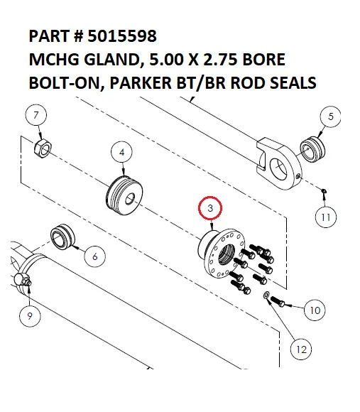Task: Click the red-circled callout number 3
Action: coord(211,209)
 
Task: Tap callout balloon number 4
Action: coord(122,152)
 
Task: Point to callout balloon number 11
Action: coord(324,217)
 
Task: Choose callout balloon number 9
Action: coord(30,318)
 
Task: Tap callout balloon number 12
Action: coord(301,349)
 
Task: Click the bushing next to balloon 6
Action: coord(62,238)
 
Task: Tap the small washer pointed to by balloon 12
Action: coord(266,295)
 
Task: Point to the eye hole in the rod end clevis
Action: coord(281,169)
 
